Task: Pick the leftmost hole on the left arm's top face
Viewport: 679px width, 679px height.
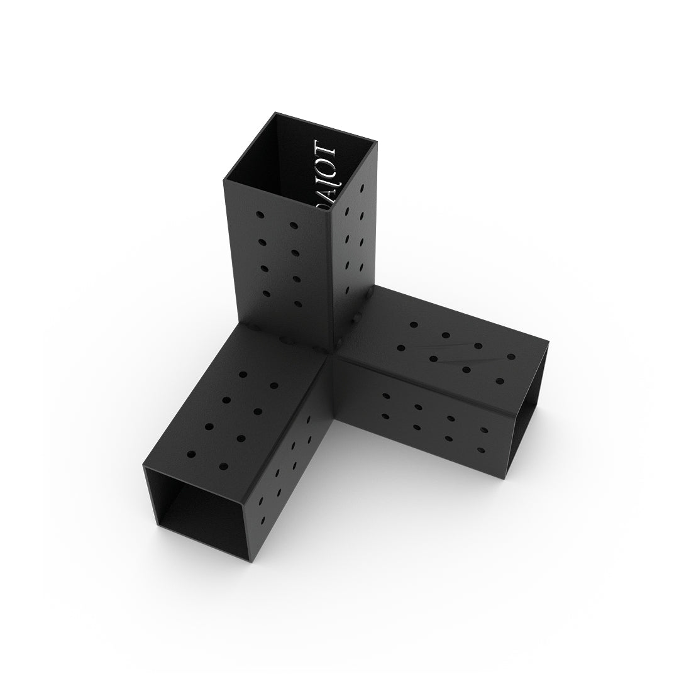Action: click(191, 453)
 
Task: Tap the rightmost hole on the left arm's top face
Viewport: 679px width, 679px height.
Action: click(274, 385)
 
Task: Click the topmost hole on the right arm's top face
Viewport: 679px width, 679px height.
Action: click(413, 324)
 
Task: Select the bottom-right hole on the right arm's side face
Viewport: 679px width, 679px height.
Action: click(482, 450)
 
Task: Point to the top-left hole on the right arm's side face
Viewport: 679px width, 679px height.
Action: click(385, 396)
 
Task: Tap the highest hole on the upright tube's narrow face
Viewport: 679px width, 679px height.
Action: click(363, 188)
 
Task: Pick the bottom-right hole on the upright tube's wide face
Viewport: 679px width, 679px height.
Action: click(297, 304)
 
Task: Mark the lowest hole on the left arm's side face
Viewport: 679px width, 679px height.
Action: click(262, 519)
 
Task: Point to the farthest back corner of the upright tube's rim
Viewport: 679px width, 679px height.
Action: click(274, 114)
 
